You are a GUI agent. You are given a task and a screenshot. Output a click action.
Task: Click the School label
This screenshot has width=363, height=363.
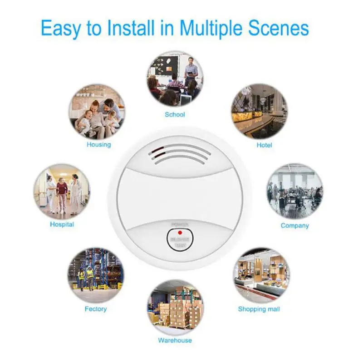(x=175, y=114)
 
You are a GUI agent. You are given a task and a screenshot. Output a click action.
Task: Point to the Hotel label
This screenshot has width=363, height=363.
(x=264, y=145)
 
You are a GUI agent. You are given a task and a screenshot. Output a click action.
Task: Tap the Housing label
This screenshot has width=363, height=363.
(x=98, y=145)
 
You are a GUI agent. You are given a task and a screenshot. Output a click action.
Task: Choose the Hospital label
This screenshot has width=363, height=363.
(x=62, y=224)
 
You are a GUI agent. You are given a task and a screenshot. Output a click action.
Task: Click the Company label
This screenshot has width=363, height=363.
(x=294, y=225)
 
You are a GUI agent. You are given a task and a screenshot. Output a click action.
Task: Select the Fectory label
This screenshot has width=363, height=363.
(x=96, y=309)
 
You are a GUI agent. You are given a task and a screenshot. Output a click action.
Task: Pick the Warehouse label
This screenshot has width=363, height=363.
(x=175, y=340)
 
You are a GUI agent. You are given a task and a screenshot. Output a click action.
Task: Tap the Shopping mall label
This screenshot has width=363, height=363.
(x=259, y=309)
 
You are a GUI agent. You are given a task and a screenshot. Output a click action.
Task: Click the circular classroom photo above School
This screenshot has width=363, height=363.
(x=175, y=78)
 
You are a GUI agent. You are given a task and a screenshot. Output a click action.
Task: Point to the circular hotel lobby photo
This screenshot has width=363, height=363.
(x=259, y=111)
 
